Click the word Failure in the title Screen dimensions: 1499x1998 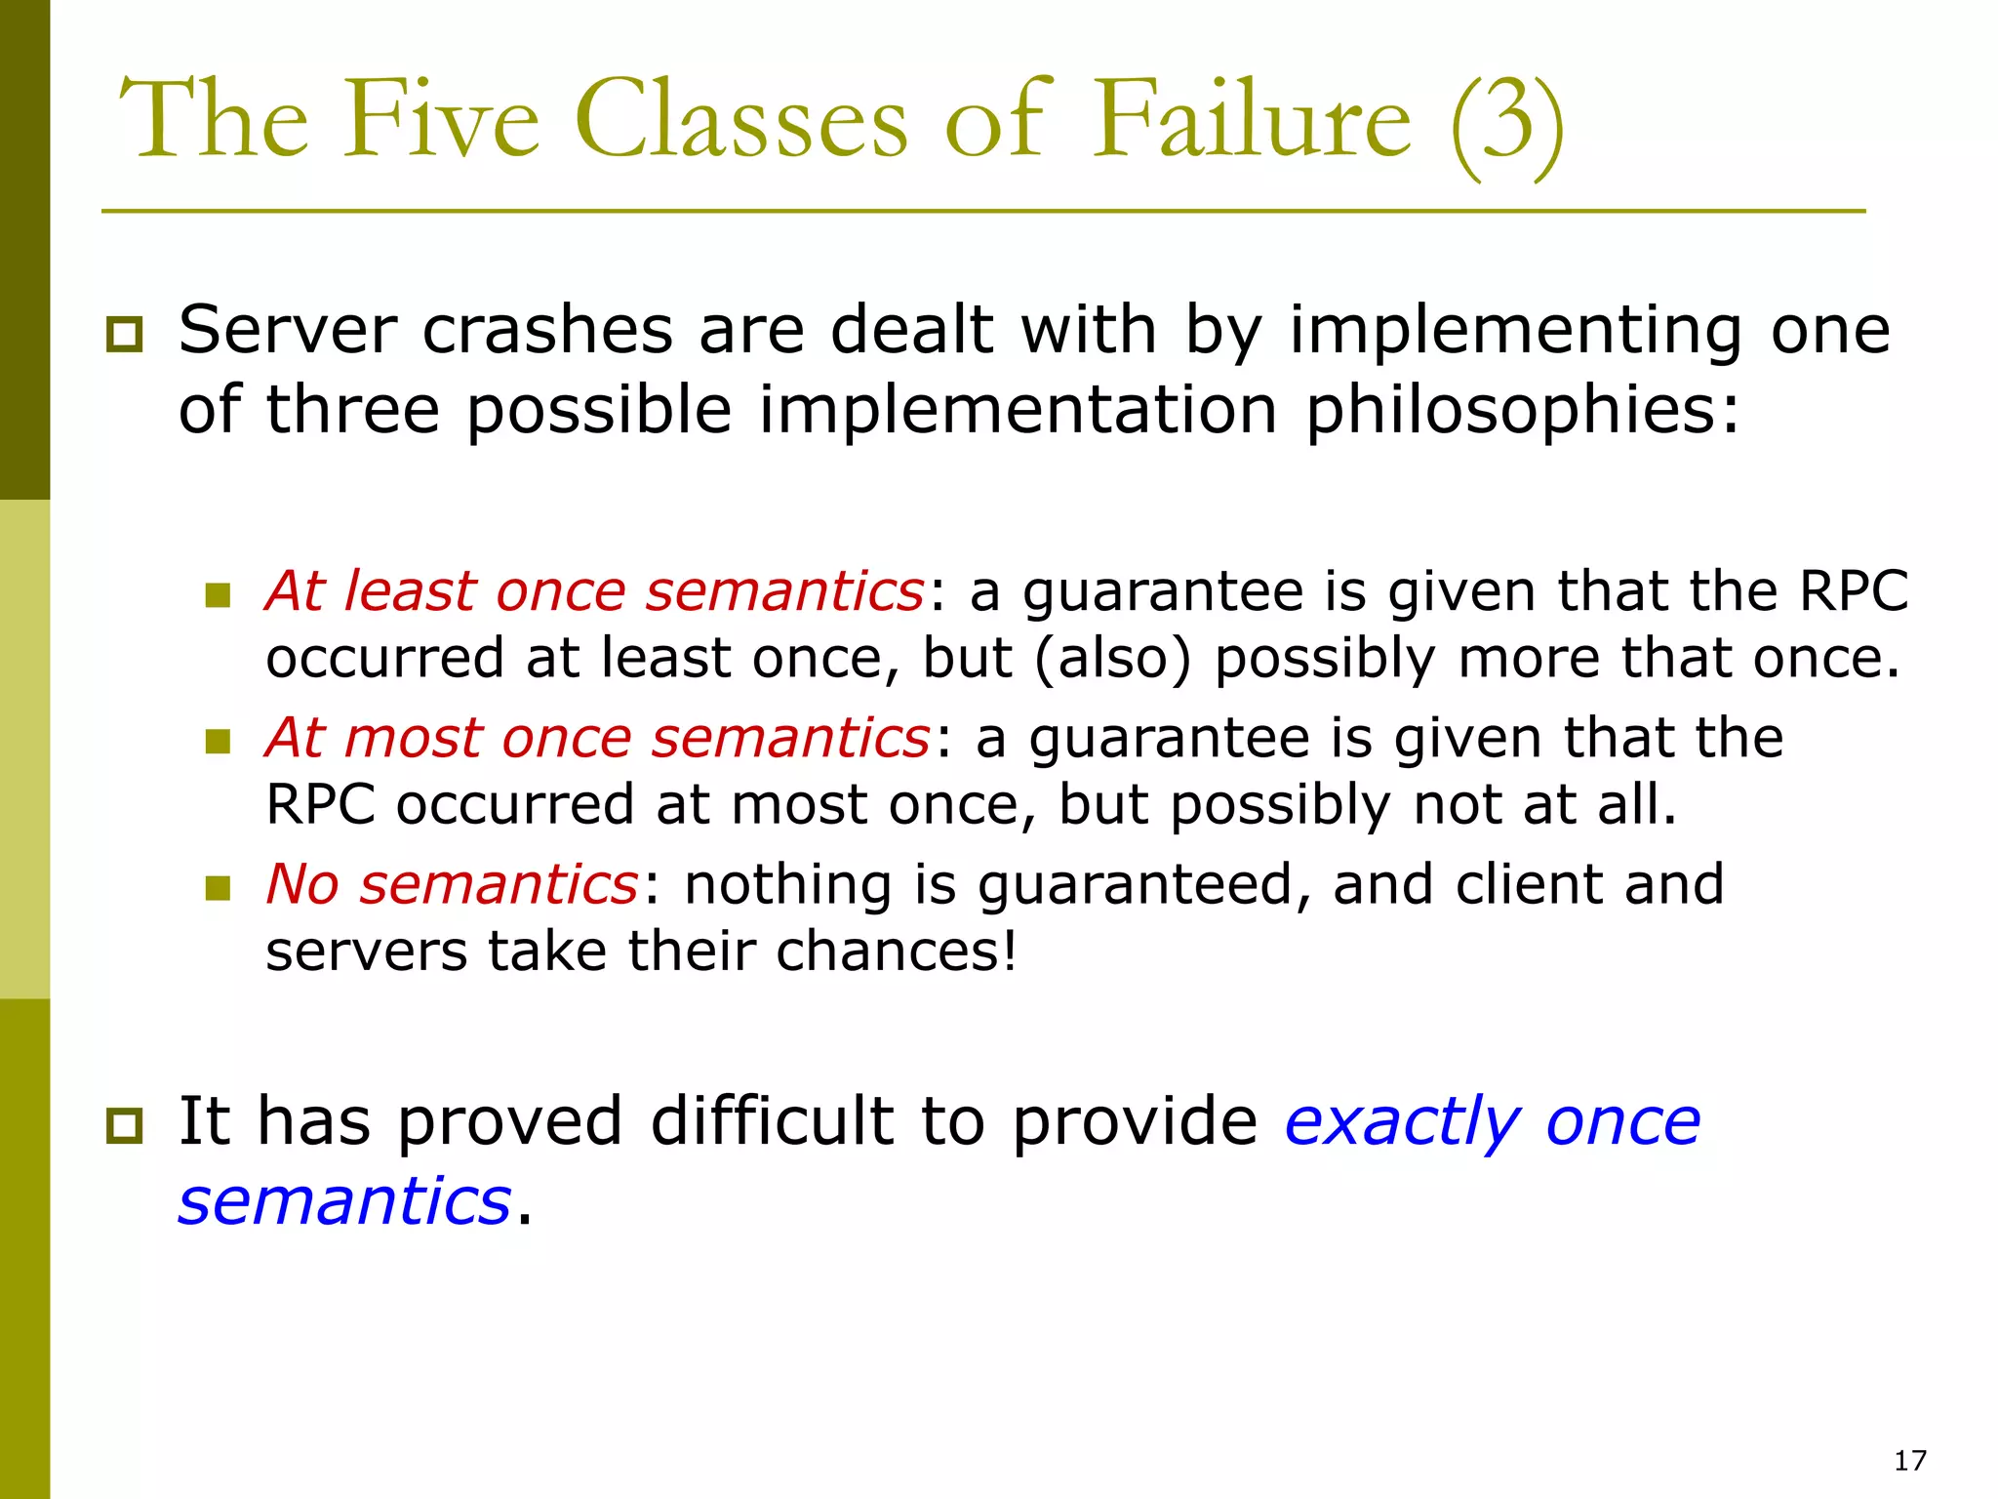click(1250, 121)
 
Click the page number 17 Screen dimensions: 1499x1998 click(1909, 1460)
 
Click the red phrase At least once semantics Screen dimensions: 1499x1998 click(594, 591)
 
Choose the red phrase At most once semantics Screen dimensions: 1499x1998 click(598, 738)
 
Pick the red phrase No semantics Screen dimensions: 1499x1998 click(452, 884)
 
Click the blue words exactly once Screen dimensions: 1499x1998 click(1492, 1122)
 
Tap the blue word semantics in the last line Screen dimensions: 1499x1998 click(344, 1201)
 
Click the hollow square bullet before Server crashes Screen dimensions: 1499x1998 click(124, 335)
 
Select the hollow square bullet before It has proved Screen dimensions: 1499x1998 click(124, 1126)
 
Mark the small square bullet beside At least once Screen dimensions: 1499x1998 click(218, 594)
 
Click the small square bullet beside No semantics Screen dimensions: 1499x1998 click(218, 887)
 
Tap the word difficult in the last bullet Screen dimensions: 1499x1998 click(772, 1122)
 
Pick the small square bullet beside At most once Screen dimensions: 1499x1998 click(218, 741)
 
